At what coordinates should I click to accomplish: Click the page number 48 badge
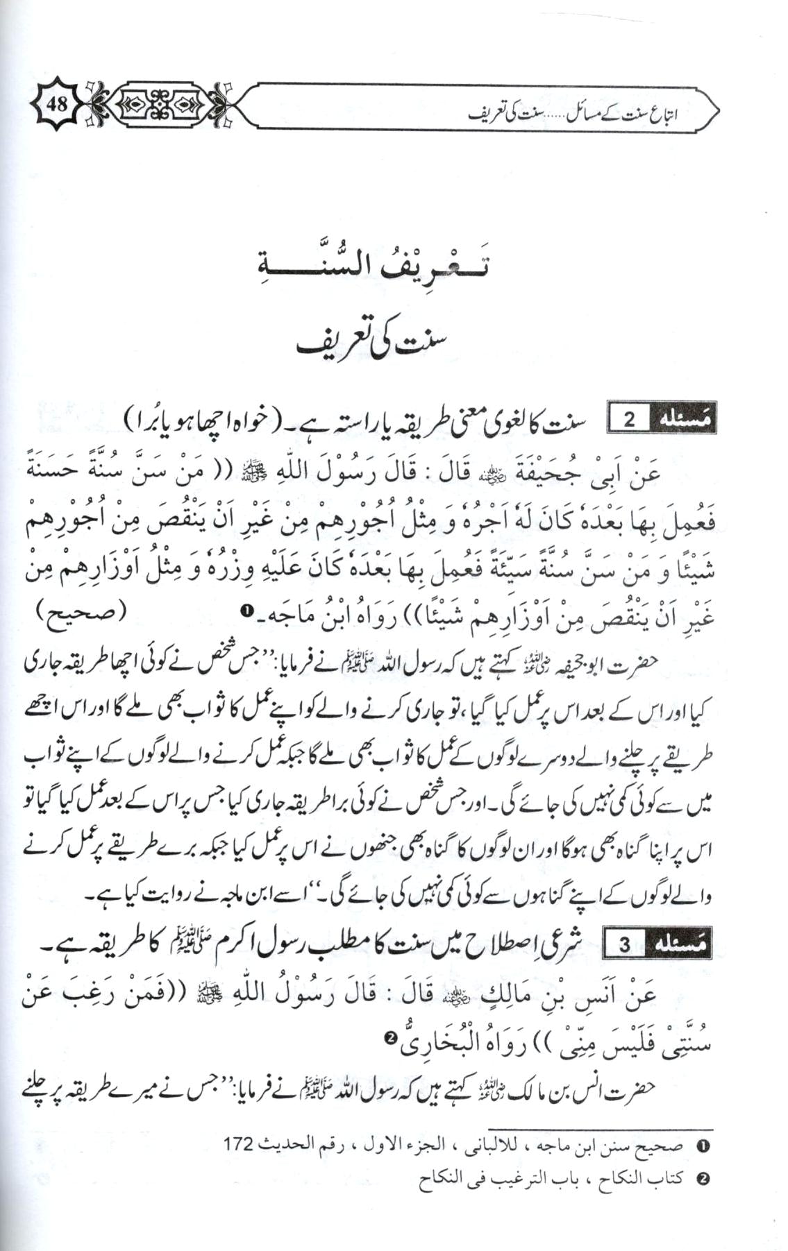pos(57,105)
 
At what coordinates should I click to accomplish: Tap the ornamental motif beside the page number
pos(159,106)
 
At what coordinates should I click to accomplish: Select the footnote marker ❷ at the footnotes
pos(702,1179)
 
